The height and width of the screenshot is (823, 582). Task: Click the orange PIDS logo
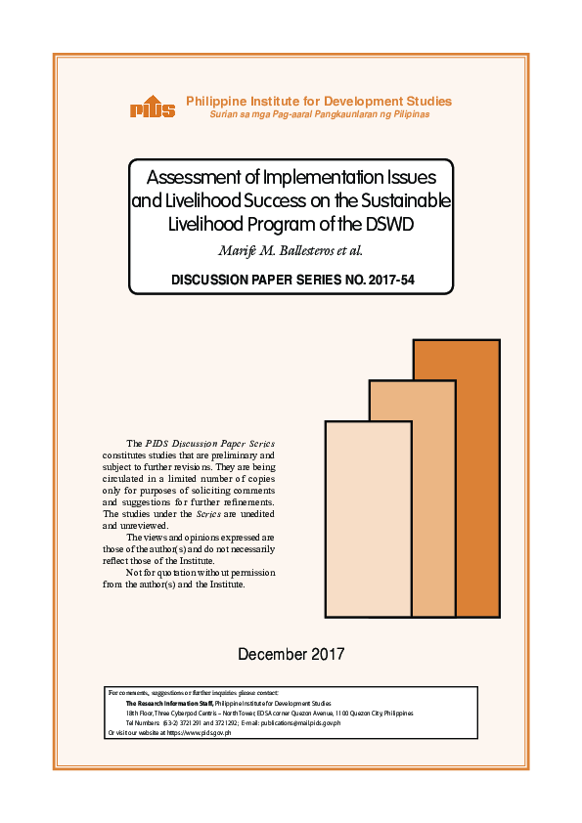tap(152, 108)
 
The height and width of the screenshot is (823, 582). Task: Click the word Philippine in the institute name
tap(216, 101)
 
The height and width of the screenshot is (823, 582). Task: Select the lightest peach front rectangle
tap(367, 518)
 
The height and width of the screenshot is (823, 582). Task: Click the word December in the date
tap(272, 653)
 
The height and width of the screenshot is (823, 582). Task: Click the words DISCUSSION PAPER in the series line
tap(226, 280)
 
